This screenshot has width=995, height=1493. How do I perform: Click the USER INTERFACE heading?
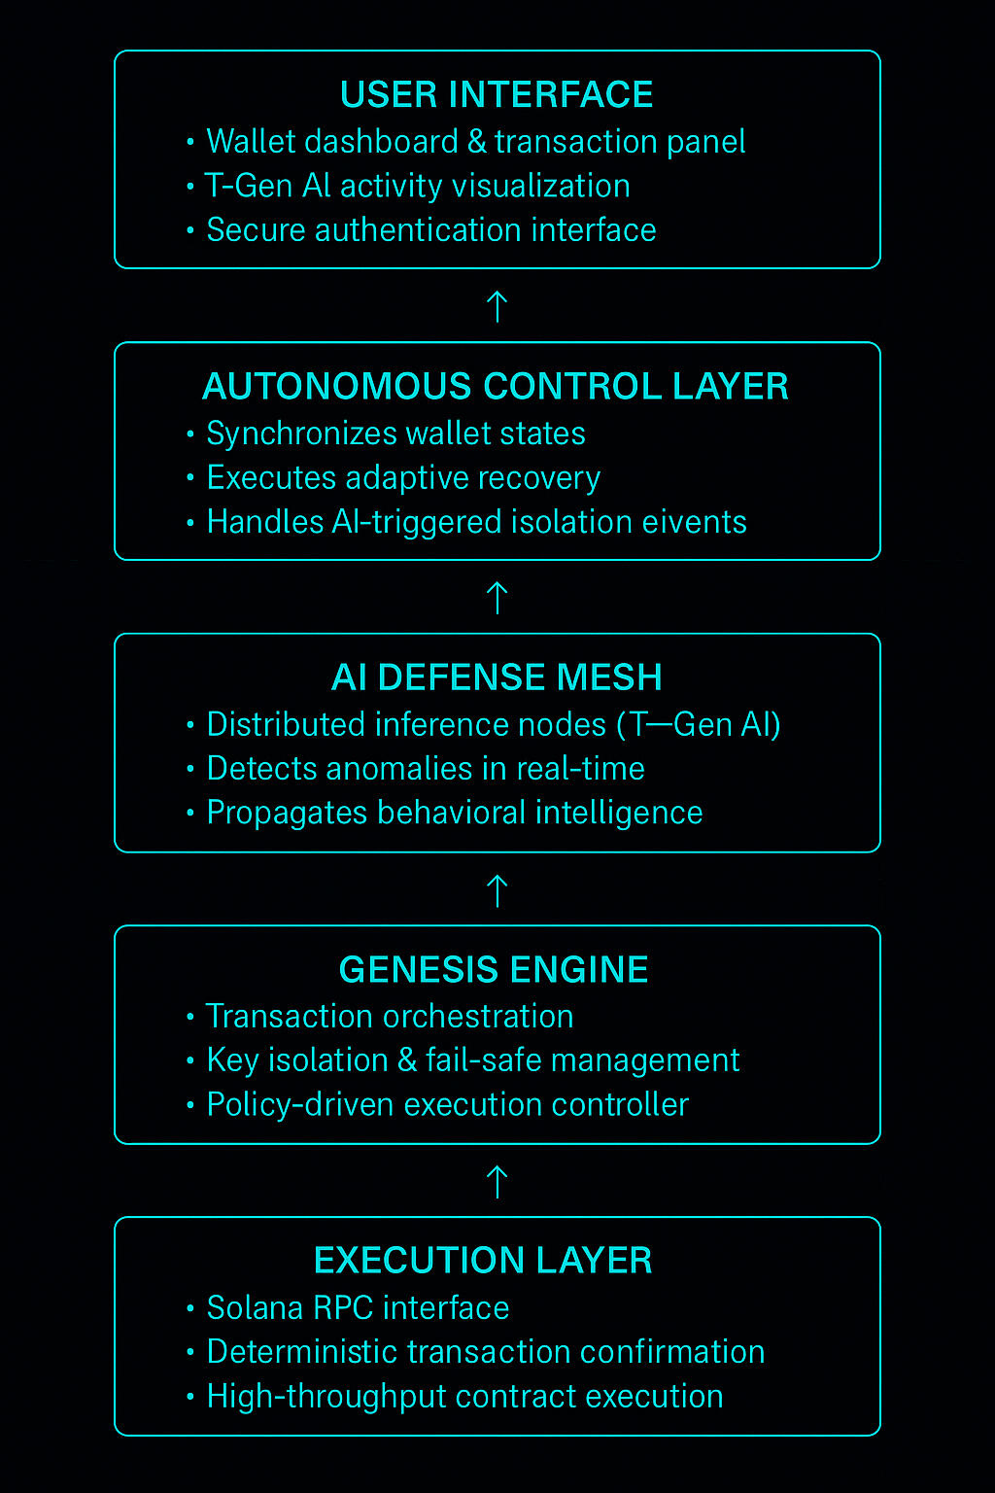[x=497, y=94]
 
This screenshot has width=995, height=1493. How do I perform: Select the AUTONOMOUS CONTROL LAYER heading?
[x=496, y=386]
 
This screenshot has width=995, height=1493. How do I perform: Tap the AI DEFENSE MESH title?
[x=497, y=677]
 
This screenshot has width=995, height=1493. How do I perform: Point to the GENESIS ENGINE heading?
[x=494, y=969]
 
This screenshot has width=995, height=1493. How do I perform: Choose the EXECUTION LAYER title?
[x=483, y=1261]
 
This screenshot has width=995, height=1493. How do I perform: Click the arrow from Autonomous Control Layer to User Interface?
[x=497, y=306]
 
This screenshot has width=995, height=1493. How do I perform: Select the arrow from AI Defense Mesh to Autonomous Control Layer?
[x=497, y=598]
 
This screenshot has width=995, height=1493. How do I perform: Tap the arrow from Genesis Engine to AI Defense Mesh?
[x=497, y=890]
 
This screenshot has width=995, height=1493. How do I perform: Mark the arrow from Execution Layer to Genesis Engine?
[x=497, y=1182]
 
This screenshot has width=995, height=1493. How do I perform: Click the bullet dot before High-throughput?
[x=190, y=1398]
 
